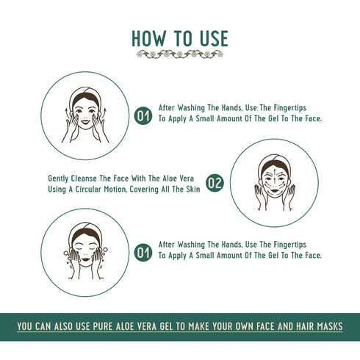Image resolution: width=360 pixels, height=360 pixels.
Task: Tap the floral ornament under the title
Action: (179, 54)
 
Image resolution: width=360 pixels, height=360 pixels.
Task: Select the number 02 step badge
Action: (214, 184)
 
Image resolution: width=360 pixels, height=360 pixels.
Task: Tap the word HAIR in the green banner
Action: (288, 325)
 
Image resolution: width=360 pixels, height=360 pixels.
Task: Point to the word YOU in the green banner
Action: (27, 325)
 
